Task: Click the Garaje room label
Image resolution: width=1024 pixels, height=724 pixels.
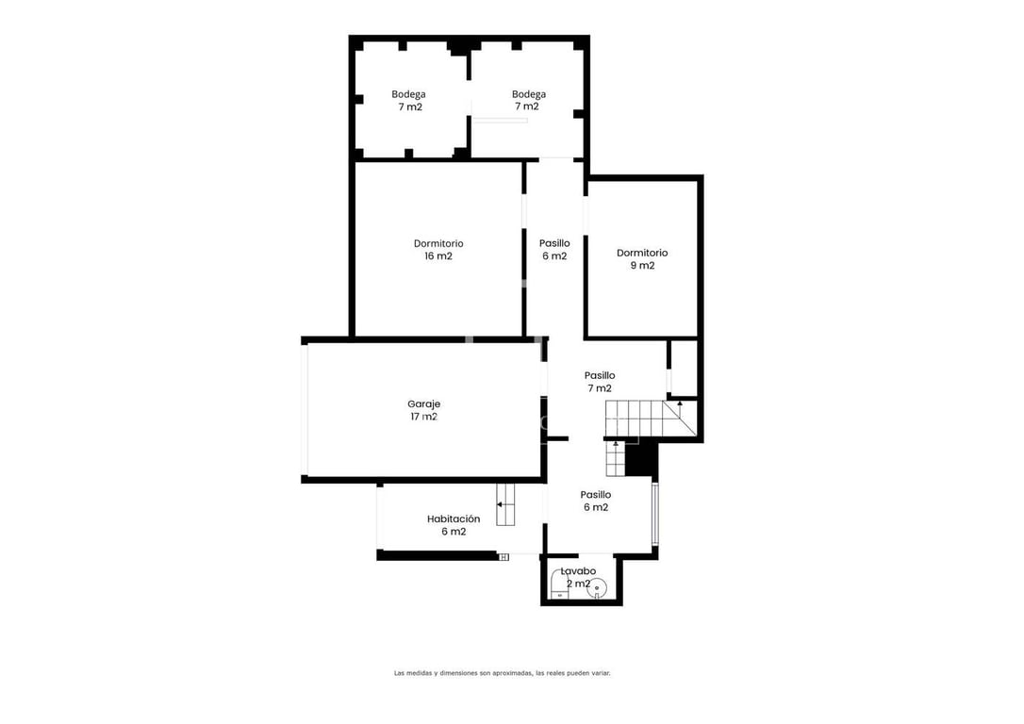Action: (423, 404)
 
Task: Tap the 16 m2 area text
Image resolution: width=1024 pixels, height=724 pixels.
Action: (438, 255)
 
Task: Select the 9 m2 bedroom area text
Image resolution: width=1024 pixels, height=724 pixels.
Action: (642, 265)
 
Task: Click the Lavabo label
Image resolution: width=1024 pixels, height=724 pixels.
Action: (578, 571)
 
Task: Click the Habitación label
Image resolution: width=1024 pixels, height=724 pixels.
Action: (454, 519)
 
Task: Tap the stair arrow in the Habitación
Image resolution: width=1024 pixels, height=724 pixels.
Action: (504, 504)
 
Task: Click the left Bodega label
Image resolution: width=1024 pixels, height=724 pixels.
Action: (408, 94)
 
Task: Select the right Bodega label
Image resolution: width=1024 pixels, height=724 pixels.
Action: (528, 94)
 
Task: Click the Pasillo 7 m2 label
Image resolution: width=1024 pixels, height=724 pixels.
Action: (600, 382)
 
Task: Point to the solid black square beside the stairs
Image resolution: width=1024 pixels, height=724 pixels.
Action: (640, 458)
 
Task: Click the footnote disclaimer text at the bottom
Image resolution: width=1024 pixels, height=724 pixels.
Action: (503, 673)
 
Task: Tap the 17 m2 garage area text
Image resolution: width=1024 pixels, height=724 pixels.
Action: (423, 417)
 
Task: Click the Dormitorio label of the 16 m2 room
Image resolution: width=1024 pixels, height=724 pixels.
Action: (438, 243)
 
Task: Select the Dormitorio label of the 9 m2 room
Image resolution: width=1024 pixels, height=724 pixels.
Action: (642, 253)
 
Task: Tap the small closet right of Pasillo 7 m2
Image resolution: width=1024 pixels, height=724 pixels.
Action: (684, 368)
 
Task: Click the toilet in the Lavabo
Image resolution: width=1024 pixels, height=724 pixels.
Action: (558, 584)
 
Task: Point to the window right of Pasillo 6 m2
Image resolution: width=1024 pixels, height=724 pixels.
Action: (655, 514)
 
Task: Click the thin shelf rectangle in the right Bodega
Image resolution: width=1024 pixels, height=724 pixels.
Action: (501, 120)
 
